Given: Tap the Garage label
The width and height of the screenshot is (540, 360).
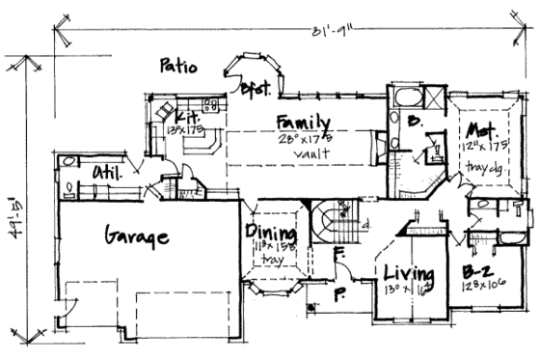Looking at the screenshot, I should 135,236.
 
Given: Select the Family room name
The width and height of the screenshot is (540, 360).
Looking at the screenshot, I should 303,124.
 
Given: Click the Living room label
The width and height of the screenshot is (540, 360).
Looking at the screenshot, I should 406,271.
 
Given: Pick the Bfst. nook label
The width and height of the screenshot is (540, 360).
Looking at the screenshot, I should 253,88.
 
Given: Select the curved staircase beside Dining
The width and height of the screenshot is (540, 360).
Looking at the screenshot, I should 334,223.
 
